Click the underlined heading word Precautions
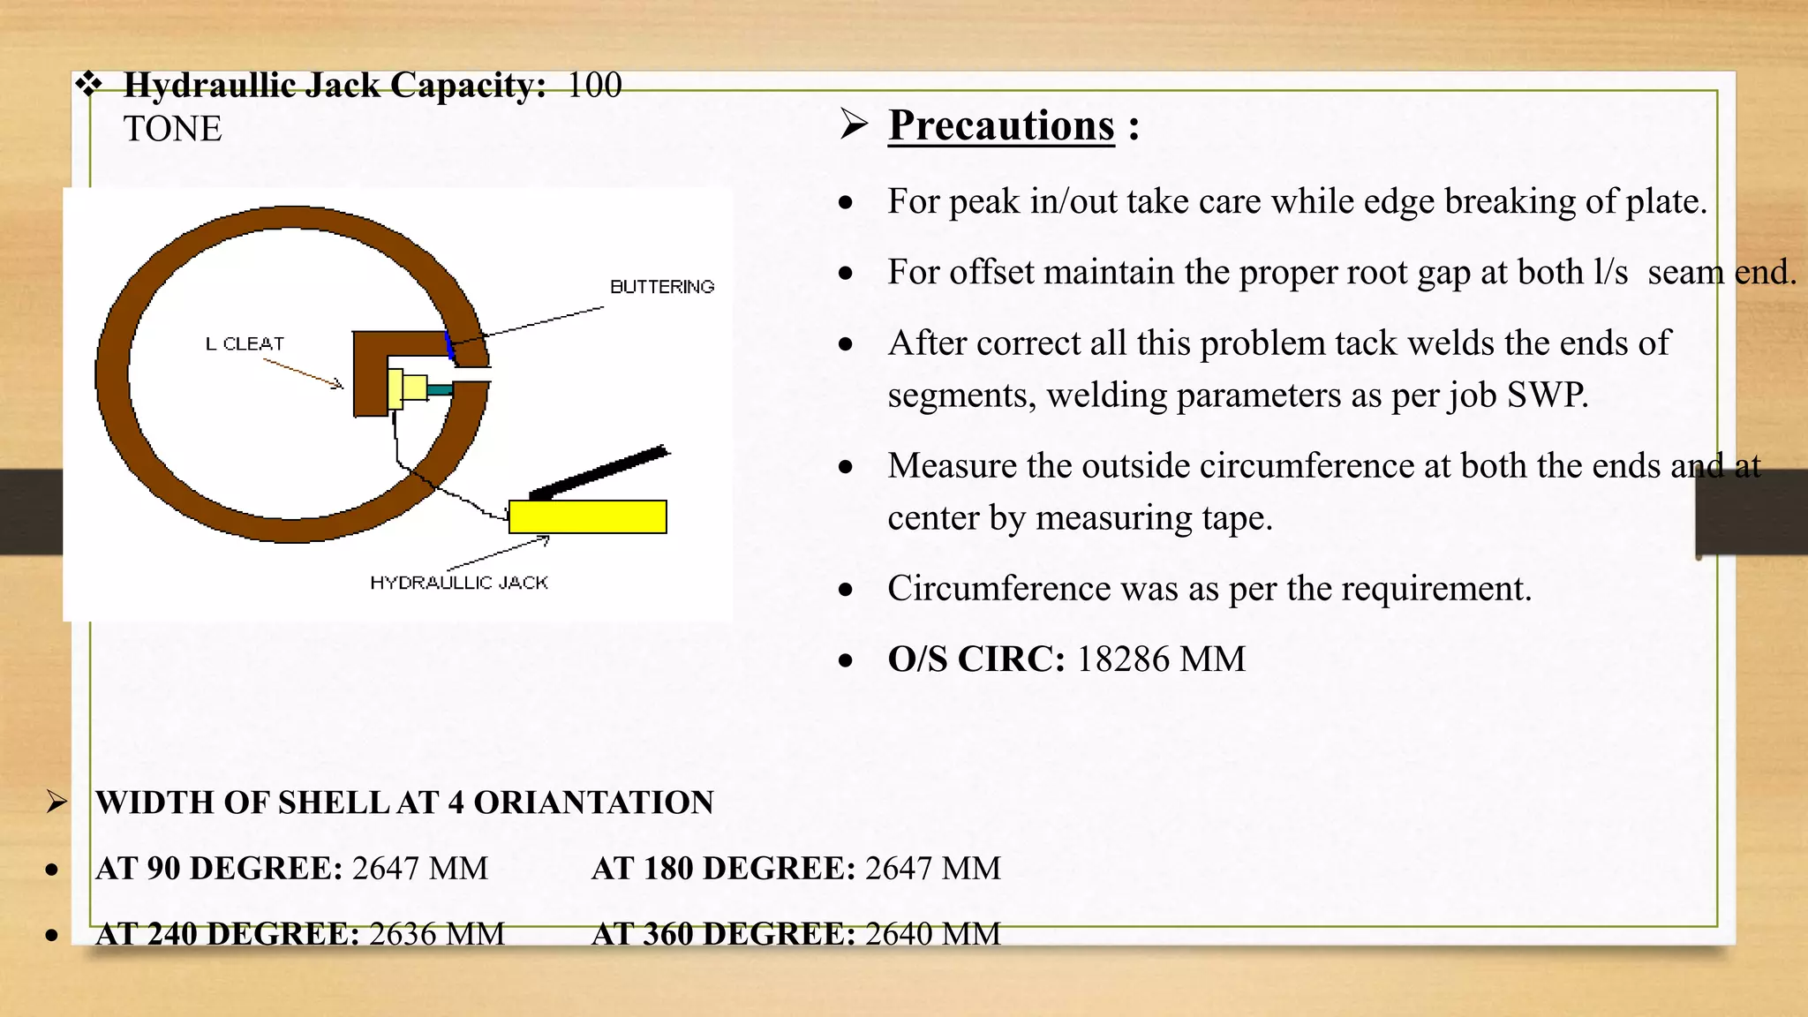(1001, 125)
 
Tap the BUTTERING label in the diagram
(662, 287)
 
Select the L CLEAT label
(245, 343)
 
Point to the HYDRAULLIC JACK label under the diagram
(459, 583)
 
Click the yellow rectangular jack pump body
(588, 516)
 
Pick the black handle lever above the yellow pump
(600, 472)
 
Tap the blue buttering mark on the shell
(450, 346)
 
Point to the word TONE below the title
(173, 129)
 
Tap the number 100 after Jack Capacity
(594, 86)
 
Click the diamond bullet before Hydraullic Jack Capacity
(88, 85)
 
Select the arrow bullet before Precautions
(854, 124)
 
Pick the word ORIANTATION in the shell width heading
(593, 802)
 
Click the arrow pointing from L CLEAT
(303, 373)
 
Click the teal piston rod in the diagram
(439, 388)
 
